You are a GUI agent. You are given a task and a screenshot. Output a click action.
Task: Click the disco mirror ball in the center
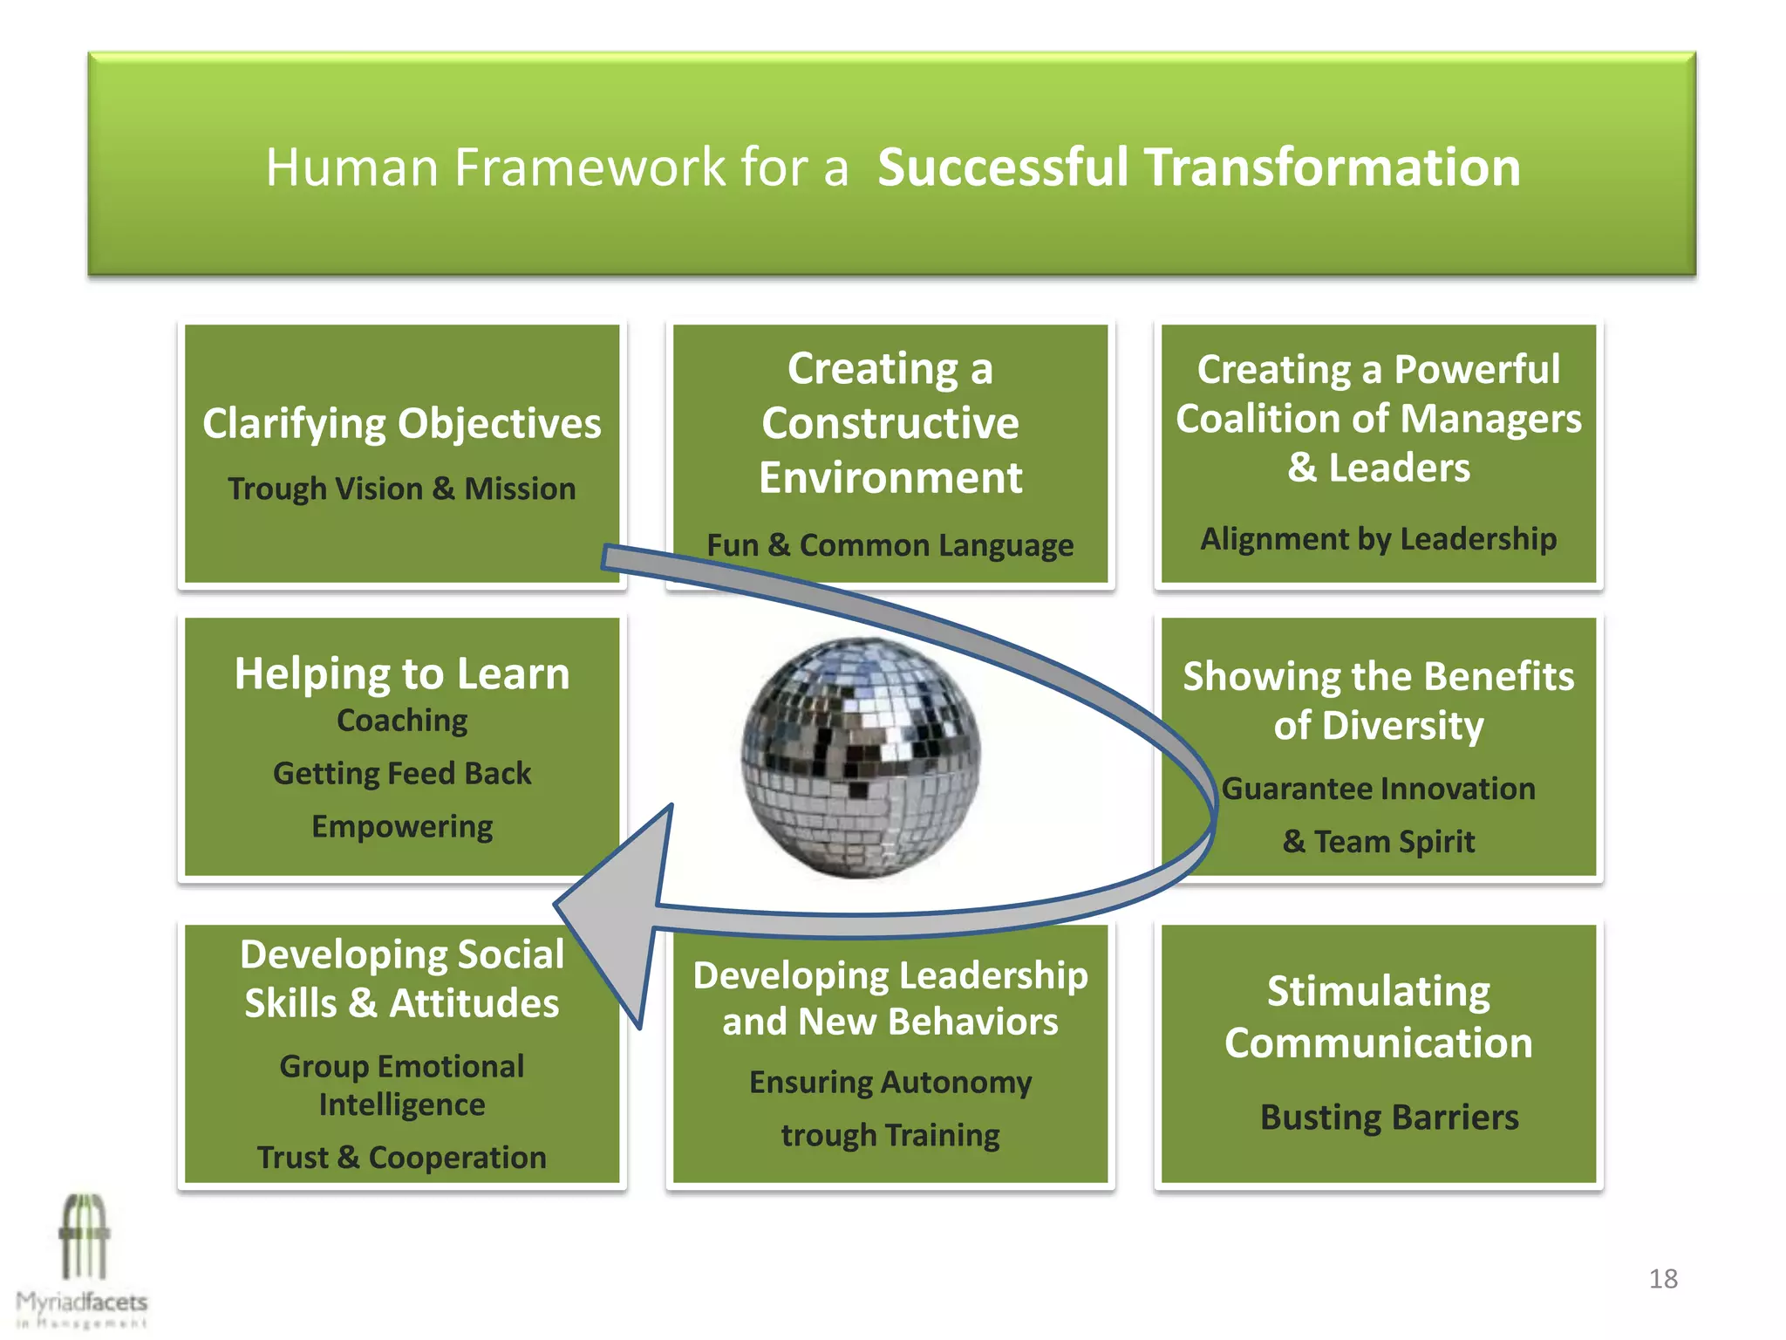tap(861, 757)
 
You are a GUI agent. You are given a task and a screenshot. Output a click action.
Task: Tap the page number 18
tap(1663, 1278)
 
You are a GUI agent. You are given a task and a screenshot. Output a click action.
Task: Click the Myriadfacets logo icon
tap(85, 1239)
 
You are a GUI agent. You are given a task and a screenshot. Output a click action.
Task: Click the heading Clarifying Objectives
tap(402, 424)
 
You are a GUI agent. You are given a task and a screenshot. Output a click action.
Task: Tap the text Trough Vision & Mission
tap(402, 489)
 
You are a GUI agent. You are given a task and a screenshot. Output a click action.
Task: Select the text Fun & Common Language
tap(890, 545)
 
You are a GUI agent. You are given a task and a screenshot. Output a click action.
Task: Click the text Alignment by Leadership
tap(1378, 539)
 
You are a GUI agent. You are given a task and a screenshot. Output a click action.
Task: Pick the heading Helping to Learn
tap(402, 673)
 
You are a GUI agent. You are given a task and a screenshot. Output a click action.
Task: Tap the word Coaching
tap(402, 721)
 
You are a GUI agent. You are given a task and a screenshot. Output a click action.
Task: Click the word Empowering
tap(402, 826)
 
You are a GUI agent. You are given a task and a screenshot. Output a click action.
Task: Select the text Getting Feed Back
tap(402, 773)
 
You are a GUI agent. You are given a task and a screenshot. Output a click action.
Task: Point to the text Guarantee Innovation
tap(1378, 789)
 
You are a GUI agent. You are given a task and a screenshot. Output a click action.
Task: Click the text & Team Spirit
tap(1378, 842)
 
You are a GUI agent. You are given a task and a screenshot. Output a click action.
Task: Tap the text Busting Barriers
tap(1389, 1118)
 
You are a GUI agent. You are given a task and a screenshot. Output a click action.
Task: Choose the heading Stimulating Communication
tap(1378, 1017)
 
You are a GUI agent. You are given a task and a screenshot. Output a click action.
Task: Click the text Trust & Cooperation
tap(402, 1158)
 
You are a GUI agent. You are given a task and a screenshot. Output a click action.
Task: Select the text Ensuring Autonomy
tap(890, 1083)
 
